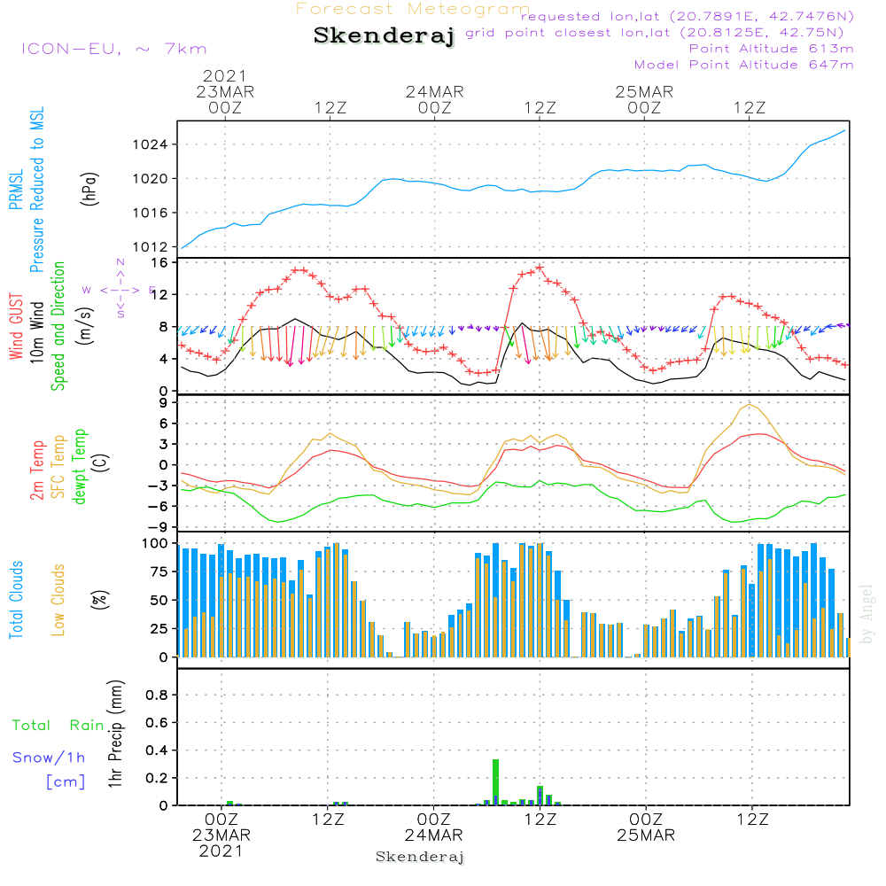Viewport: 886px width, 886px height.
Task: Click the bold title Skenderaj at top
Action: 384,36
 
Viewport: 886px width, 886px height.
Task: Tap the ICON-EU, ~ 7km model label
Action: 113,50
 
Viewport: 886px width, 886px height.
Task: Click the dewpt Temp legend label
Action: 81,467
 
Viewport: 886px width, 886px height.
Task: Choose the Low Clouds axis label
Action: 59,600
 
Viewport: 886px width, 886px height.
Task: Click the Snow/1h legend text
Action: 49,758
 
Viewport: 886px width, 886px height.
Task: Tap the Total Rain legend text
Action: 58,726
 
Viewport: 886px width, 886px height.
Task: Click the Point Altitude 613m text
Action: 771,49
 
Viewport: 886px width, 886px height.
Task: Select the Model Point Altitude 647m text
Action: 744,65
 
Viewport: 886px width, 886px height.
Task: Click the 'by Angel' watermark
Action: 867,614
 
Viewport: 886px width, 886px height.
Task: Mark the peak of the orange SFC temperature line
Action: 750,405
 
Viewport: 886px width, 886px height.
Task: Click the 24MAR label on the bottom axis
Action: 434,835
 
